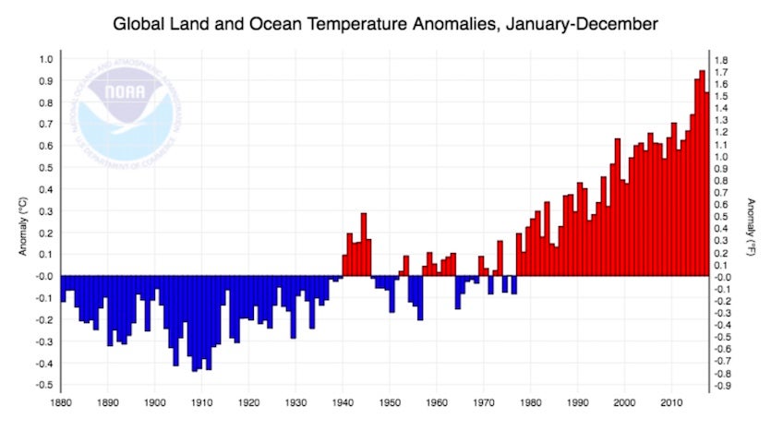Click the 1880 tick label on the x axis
pyautogui.click(x=61, y=403)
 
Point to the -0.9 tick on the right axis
pyautogui.click(x=722, y=384)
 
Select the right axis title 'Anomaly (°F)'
pyautogui.click(x=753, y=222)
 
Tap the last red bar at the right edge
pyautogui.click(x=707, y=184)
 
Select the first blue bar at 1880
pyautogui.click(x=63, y=288)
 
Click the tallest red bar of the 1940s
pyautogui.click(x=364, y=245)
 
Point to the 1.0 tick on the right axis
pyautogui.click(x=721, y=157)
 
